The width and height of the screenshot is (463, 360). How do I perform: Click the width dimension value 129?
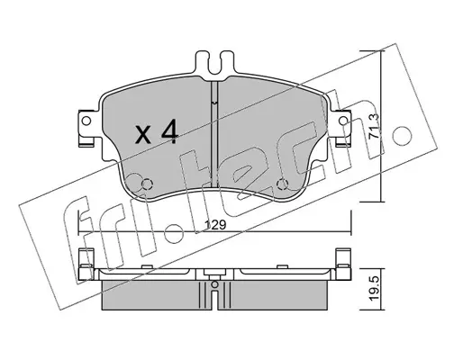[x=214, y=225]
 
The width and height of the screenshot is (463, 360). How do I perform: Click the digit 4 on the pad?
[x=170, y=130]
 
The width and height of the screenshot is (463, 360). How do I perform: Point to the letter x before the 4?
[x=143, y=134]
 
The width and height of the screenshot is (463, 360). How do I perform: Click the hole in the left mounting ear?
[x=86, y=121]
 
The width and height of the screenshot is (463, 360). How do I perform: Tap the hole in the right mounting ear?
[x=343, y=121]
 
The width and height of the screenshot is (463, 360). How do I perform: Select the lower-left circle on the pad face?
[x=147, y=184]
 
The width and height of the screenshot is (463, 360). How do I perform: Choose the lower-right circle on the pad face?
[x=282, y=184]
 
